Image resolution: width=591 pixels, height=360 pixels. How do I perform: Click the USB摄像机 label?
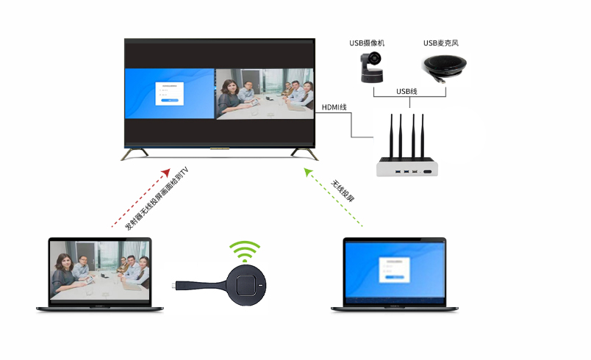point(370,43)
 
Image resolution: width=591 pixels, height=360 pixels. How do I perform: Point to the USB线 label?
point(406,92)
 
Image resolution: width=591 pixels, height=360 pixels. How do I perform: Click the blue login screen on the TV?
point(169,94)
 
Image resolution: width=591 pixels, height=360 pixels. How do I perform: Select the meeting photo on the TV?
point(262,94)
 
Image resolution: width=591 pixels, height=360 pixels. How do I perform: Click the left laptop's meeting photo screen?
point(99,271)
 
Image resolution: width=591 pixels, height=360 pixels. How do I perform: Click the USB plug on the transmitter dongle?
point(178,287)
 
